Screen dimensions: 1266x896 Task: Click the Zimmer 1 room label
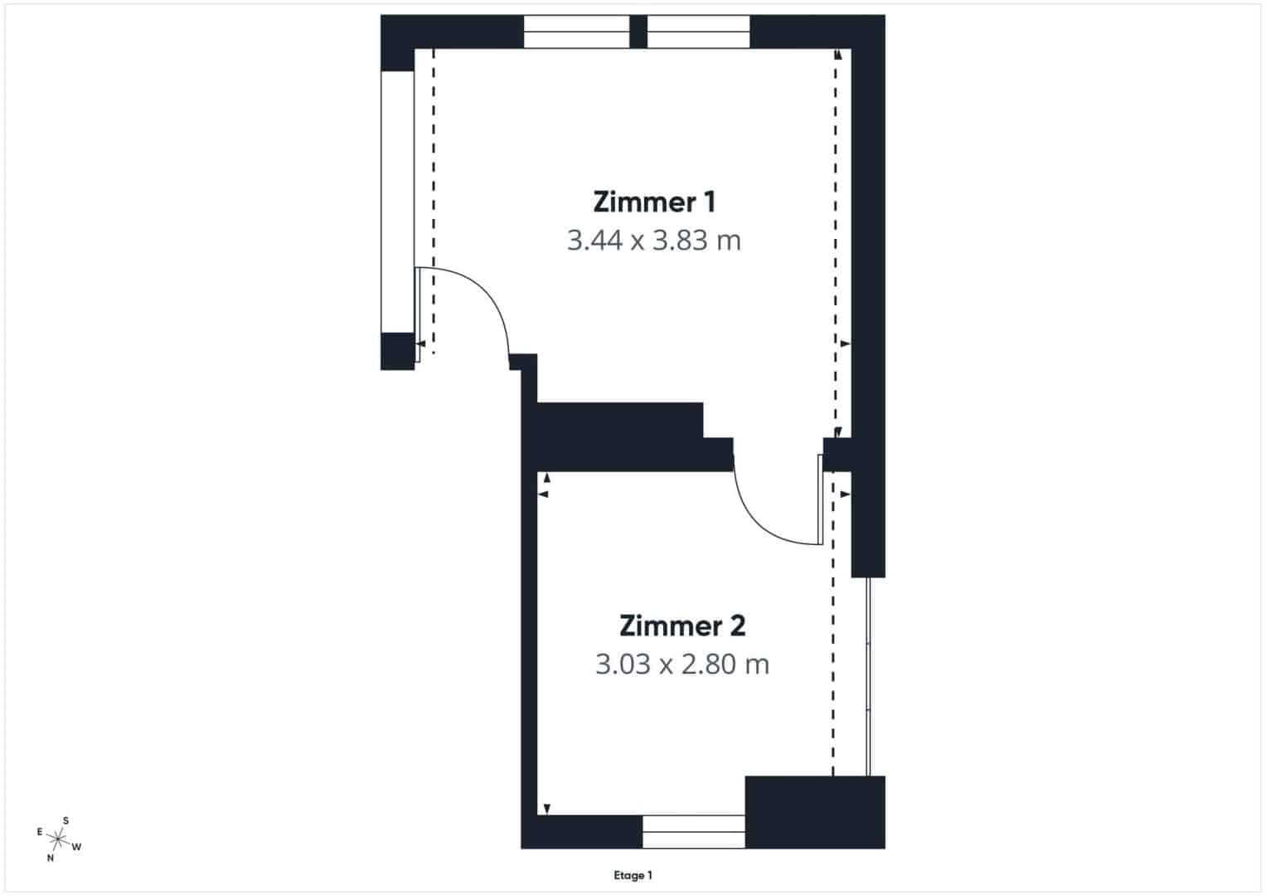pos(654,202)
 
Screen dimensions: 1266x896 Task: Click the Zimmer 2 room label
pos(682,626)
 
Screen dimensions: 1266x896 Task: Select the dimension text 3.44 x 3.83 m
pos(654,241)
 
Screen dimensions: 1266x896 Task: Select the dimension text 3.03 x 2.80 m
pos(682,664)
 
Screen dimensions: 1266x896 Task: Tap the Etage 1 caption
pos(633,875)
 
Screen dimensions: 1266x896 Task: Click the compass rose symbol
pos(58,840)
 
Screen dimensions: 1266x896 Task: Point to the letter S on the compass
pos(65,821)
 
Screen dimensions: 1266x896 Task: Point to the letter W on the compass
pos(76,847)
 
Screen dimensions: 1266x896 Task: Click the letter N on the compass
pos(51,858)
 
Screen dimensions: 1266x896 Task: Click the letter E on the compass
pos(40,832)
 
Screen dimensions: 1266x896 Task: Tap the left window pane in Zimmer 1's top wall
pos(576,32)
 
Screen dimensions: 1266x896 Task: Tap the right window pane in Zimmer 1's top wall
pos(699,32)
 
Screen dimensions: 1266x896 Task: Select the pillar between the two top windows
pos(638,32)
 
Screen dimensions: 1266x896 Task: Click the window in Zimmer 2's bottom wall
pos(693,831)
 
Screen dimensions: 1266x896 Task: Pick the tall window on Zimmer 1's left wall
pos(398,202)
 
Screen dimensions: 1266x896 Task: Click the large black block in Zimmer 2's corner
pos(815,812)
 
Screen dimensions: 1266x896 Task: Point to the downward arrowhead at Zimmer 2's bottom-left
pos(546,809)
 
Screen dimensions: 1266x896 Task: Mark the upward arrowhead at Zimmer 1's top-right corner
pos(838,54)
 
